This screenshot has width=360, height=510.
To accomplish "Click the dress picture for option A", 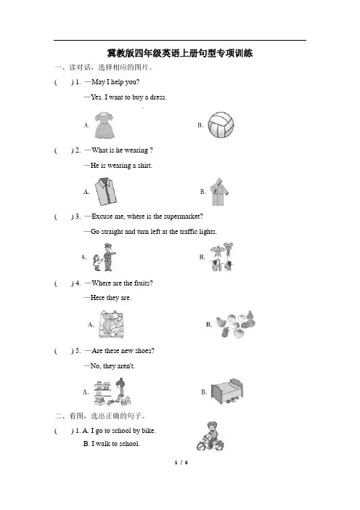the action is tap(105, 125).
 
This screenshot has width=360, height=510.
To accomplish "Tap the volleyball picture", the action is tap(221, 125).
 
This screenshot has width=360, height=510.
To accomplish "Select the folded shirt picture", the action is tap(106, 191).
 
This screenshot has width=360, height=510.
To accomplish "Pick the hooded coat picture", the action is tap(219, 192).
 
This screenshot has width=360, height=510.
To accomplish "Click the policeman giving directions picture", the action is tap(104, 257).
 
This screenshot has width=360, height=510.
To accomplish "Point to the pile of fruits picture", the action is tap(236, 324).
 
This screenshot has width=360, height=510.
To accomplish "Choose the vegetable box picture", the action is tap(112, 325).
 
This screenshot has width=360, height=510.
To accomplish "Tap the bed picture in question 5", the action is tap(226, 392).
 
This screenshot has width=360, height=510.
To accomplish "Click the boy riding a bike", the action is tap(210, 436).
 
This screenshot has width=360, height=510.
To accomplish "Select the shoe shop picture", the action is tap(112, 392).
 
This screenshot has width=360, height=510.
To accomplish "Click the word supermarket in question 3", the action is tap(183, 216).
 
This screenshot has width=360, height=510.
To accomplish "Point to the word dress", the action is tap(158, 97).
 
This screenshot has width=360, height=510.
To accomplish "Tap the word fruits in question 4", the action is tap(143, 283).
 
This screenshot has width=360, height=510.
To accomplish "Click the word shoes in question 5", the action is tap(144, 351).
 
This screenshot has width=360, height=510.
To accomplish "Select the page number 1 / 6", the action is tap(181, 463).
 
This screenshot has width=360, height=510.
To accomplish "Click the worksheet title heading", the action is tap(180, 53).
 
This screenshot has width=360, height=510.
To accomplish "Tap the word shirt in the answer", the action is tap(145, 166).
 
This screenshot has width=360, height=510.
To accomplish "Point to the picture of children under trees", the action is tap(222, 257).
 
